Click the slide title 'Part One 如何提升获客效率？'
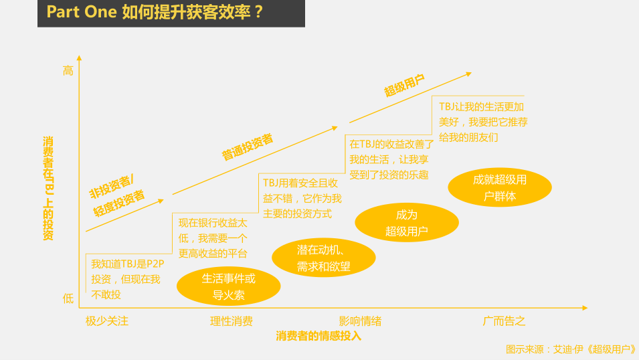[155, 12]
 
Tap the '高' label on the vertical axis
[68, 71]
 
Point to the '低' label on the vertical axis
[68, 299]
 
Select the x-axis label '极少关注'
[107, 321]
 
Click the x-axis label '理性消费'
[231, 321]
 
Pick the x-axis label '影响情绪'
[360, 321]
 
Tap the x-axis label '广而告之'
[504, 321]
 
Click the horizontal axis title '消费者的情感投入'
[318, 336]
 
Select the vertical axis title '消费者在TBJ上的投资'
[48, 188]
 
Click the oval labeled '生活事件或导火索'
[229, 286]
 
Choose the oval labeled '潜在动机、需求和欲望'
[324, 258]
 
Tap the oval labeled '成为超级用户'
[407, 223]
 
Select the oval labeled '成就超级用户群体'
[500, 187]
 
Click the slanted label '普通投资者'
[248, 147]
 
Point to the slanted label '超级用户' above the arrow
[404, 86]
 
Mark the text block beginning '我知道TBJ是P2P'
[127, 279]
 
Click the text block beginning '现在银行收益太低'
[213, 238]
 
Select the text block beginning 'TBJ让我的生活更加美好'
[483, 122]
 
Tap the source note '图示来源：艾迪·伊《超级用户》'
[571, 349]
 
